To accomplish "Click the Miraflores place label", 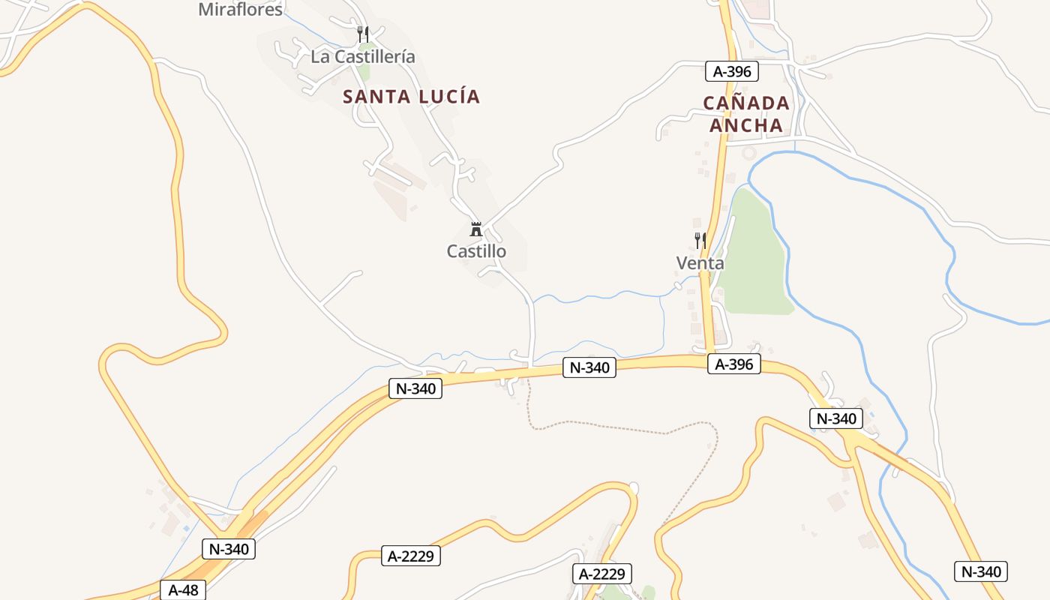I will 240,10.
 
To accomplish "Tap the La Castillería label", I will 362,56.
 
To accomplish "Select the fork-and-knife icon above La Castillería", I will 363,34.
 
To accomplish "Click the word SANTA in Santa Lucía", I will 376,97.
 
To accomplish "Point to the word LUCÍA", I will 448,97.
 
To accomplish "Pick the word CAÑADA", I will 746,103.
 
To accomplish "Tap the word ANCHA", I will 746,125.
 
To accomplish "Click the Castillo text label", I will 476,251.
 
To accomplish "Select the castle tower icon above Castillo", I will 475,229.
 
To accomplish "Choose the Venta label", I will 700,263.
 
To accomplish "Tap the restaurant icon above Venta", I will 700,241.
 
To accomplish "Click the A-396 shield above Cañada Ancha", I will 732,72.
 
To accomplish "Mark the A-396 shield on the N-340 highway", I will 733,364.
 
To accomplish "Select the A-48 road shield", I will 183,590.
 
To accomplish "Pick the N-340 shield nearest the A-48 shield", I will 229,549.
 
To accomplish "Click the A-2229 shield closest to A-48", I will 410,556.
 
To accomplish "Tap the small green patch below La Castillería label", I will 364,73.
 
